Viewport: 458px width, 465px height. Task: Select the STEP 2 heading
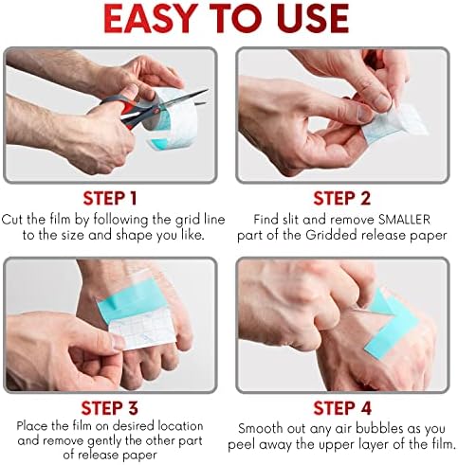coord(343,200)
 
